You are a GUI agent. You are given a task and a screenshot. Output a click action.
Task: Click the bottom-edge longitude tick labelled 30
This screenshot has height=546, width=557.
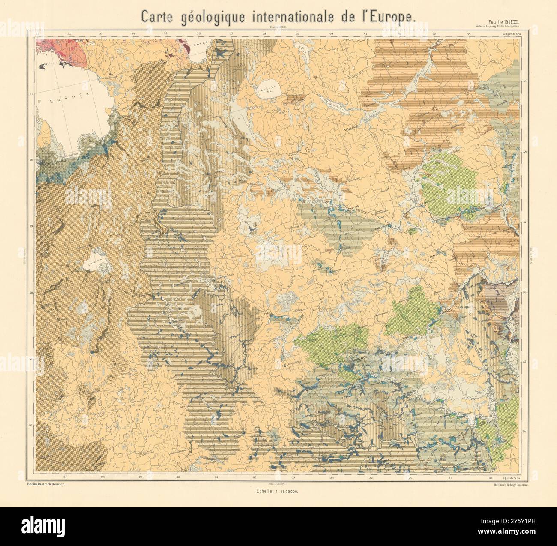[x=179, y=477]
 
